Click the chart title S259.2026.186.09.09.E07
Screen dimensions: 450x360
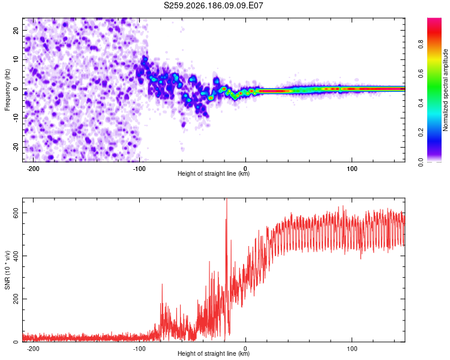click(x=213, y=5)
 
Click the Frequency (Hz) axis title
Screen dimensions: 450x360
click(x=7, y=90)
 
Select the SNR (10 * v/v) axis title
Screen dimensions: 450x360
click(x=7, y=270)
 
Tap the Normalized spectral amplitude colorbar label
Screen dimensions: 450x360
click(x=445, y=90)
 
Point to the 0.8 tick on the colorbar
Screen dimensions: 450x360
click(x=421, y=44)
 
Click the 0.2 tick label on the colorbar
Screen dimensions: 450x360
click(x=421, y=133)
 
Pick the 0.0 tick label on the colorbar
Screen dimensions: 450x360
click(x=421, y=162)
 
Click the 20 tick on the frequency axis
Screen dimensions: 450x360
click(x=16, y=30)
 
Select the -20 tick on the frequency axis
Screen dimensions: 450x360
click(x=16, y=147)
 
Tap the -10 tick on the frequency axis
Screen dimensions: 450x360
click(x=16, y=118)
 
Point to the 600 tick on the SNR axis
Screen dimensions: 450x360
click(x=16, y=213)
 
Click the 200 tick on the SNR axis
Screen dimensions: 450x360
click(x=16, y=299)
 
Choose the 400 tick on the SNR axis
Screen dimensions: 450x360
click(x=16, y=256)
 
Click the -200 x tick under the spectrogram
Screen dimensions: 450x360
click(x=33, y=169)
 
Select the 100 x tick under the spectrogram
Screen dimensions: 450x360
click(x=352, y=169)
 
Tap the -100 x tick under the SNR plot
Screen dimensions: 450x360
click(x=139, y=349)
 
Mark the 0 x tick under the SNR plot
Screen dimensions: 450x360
click(x=245, y=349)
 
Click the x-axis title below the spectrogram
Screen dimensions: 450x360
click(x=214, y=173)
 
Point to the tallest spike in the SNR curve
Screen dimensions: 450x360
click(x=227, y=199)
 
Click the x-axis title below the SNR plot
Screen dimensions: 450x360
click(x=214, y=353)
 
